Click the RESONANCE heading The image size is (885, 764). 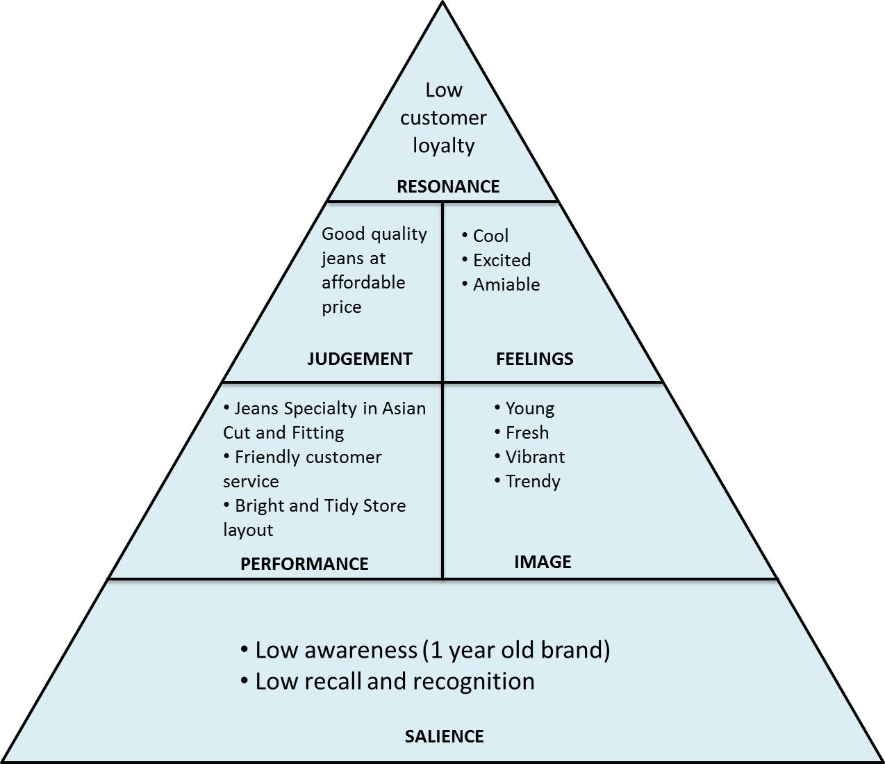pos(448,186)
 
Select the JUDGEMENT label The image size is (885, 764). pos(359,359)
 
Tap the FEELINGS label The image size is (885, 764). pos(534,359)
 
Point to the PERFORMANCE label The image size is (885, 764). pos(304,564)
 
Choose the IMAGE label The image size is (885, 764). pos(543,562)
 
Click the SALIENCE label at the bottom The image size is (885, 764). pos(444,736)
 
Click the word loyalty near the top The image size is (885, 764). pos(443,146)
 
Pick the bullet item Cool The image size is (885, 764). pos(490,236)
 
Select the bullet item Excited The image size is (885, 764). pos(502,261)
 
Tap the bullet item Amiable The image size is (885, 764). pos(506,285)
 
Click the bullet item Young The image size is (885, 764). pos(529,409)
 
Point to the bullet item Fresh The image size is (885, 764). pos(527,433)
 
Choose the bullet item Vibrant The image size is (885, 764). pos(535,457)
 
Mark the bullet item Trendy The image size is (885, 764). pos(532,482)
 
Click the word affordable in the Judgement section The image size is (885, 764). pos(363,283)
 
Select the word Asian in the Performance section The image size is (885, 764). pos(402,409)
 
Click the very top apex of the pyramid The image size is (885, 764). pos(443,4)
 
